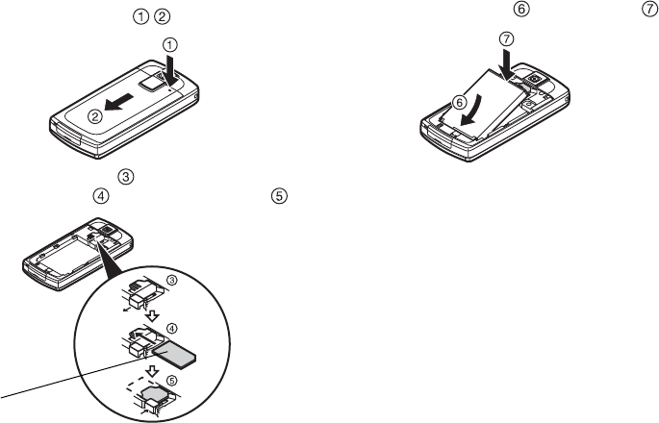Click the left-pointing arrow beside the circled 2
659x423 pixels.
click(119, 103)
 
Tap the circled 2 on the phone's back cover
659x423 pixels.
click(95, 116)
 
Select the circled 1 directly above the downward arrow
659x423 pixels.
click(169, 45)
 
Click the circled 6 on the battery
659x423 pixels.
click(459, 102)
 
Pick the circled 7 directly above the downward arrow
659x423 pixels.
click(507, 39)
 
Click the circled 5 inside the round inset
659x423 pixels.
click(172, 380)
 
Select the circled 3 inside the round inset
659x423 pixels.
click(171, 280)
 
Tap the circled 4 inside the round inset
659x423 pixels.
click(172, 328)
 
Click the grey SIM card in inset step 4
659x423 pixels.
click(174, 355)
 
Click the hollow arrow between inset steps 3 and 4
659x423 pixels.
click(154, 315)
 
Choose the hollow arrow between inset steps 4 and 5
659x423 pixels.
click(152, 371)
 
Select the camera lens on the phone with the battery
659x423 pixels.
click(536, 79)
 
